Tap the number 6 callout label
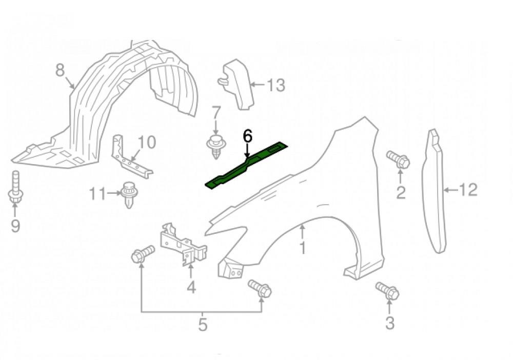pos(248,136)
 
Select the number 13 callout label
pos(276,85)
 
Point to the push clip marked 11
pos(129,194)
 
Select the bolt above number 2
pos(398,159)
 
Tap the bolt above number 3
pos(387,290)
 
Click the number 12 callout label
pos(468,189)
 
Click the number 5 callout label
pos(203,324)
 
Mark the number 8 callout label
pos(60,70)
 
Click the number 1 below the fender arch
pos(303,248)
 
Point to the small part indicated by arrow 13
pos(237,85)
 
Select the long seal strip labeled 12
pos(435,191)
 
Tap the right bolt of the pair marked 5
pos(260,288)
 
